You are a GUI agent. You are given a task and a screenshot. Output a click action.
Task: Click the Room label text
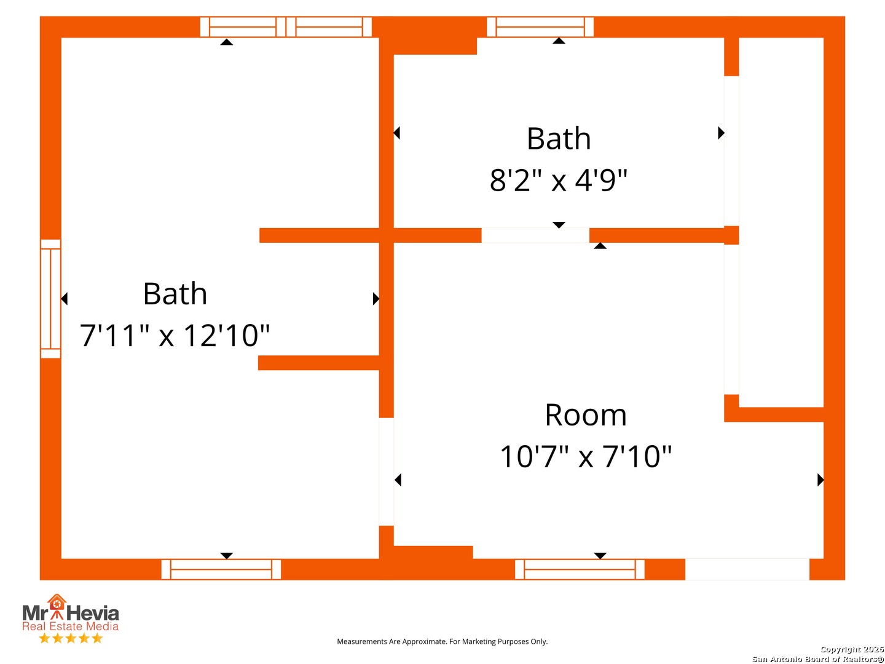(585, 415)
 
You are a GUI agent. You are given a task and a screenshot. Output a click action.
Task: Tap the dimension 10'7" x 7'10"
(586, 457)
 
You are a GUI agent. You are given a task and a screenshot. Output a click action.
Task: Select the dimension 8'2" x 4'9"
(559, 180)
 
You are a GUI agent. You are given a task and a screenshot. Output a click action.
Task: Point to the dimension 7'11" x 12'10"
(175, 335)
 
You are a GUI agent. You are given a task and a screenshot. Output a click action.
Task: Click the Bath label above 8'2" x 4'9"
(559, 138)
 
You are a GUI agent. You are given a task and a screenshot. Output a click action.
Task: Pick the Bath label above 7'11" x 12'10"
(175, 293)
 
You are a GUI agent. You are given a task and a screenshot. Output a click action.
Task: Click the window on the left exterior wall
(50, 298)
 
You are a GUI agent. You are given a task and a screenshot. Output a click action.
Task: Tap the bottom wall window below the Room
(580, 569)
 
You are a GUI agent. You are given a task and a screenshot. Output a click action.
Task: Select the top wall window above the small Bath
(540, 27)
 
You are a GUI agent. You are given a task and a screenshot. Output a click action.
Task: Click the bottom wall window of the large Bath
(221, 569)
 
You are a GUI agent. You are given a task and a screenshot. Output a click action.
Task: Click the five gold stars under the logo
(71, 638)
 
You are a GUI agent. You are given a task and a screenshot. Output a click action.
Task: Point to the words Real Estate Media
(71, 626)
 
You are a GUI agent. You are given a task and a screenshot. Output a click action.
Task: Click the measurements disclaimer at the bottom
(442, 641)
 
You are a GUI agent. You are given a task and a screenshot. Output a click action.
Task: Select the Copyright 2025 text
(852, 649)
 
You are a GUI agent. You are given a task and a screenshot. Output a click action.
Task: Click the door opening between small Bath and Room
(535, 235)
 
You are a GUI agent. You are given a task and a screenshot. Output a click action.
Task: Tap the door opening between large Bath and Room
(386, 472)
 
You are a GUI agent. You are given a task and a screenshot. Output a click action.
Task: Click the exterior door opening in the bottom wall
(747, 569)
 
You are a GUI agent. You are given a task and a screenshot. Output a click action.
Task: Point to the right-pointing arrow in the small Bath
(722, 133)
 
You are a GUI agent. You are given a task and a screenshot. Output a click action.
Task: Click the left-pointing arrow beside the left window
(64, 299)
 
